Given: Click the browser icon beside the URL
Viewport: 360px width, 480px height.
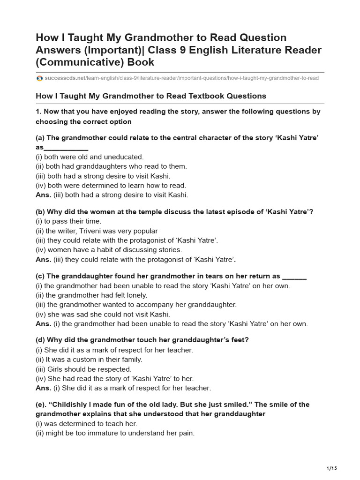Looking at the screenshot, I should point(39,78).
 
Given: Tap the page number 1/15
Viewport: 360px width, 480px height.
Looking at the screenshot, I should point(331,468).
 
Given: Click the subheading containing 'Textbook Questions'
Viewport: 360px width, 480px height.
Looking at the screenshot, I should point(151,96).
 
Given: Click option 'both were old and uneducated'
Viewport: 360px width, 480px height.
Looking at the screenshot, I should point(90,157).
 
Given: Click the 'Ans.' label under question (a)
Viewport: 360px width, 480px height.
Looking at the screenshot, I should point(44,195).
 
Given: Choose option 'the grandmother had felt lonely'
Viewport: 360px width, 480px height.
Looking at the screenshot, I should point(91,295).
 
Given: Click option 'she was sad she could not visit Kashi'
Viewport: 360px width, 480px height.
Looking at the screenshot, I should point(103,315).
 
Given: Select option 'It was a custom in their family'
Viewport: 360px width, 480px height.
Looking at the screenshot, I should point(89,360).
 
